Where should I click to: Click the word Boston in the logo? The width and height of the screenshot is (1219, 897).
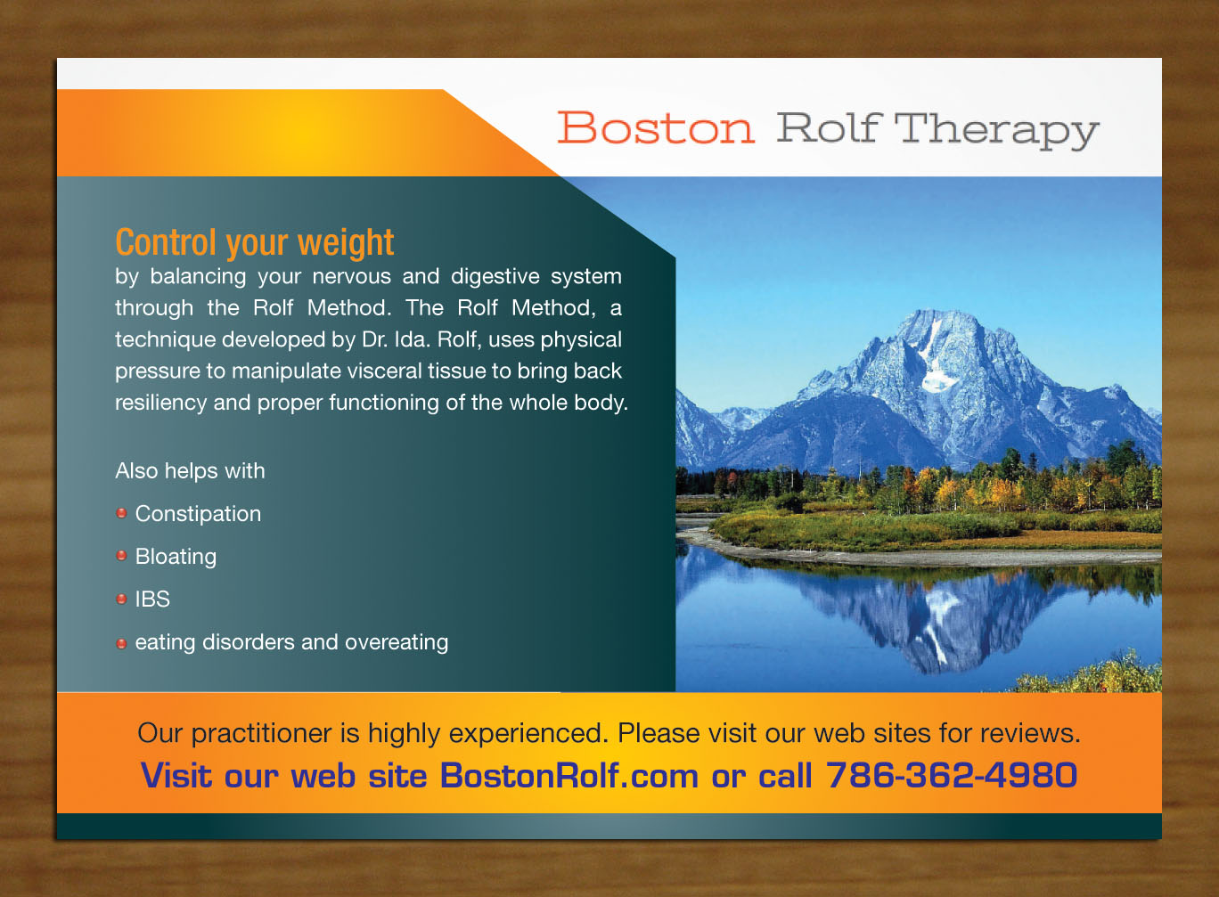(x=656, y=128)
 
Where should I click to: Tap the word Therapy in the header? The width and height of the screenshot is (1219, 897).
(x=995, y=130)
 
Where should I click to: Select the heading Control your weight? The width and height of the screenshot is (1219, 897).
(x=254, y=242)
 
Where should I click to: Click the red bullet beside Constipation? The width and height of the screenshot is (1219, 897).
(x=122, y=513)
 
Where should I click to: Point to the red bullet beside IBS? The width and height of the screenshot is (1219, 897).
(x=122, y=599)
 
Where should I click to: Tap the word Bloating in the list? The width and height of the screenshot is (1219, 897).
(x=176, y=557)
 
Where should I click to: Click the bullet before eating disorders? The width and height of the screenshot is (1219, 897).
(x=122, y=642)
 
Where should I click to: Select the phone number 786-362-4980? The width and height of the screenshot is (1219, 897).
(x=951, y=775)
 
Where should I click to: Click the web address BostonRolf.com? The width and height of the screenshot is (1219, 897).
(x=569, y=776)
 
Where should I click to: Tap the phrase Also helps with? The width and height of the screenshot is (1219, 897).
(x=190, y=470)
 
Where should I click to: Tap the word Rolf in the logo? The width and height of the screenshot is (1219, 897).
(x=828, y=128)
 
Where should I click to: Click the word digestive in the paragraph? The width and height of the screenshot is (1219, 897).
(x=495, y=276)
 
